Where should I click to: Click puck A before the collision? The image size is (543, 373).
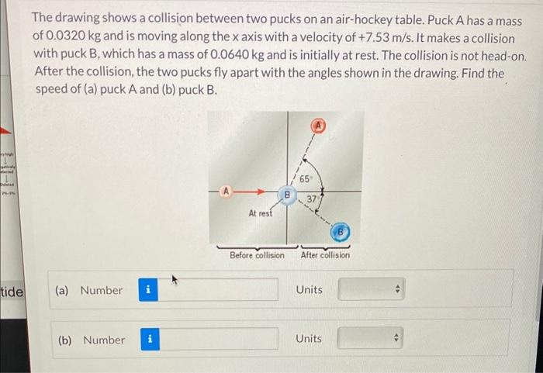coord(226,189)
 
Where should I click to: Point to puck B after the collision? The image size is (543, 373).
coord(340,231)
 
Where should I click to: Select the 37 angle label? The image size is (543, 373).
coord(310,199)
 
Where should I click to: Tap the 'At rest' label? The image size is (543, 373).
coord(260,213)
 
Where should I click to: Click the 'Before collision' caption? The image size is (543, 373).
coord(257,255)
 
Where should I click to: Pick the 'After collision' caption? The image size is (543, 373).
coord(325,255)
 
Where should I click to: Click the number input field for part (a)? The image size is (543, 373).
coord(220,290)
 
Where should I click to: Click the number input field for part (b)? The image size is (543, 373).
coord(220,340)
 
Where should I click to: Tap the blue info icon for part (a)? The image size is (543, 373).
coord(148,290)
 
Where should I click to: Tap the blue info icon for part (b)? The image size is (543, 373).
coord(150,340)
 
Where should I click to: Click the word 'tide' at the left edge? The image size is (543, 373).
coord(12,292)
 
